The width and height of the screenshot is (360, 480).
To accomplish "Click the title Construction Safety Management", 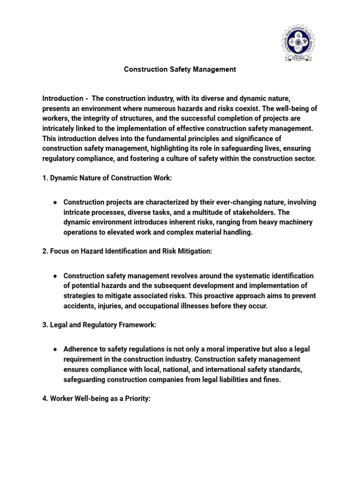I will (180, 69).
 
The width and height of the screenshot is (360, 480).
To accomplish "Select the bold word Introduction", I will (62, 98).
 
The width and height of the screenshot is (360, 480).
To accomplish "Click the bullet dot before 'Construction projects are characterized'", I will (55, 202).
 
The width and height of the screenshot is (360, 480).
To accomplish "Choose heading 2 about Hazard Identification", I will (127, 252).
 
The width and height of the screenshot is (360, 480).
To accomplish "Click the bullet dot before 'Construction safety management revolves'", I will (55, 276).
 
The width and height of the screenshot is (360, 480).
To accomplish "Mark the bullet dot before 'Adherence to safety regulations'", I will (55, 350).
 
